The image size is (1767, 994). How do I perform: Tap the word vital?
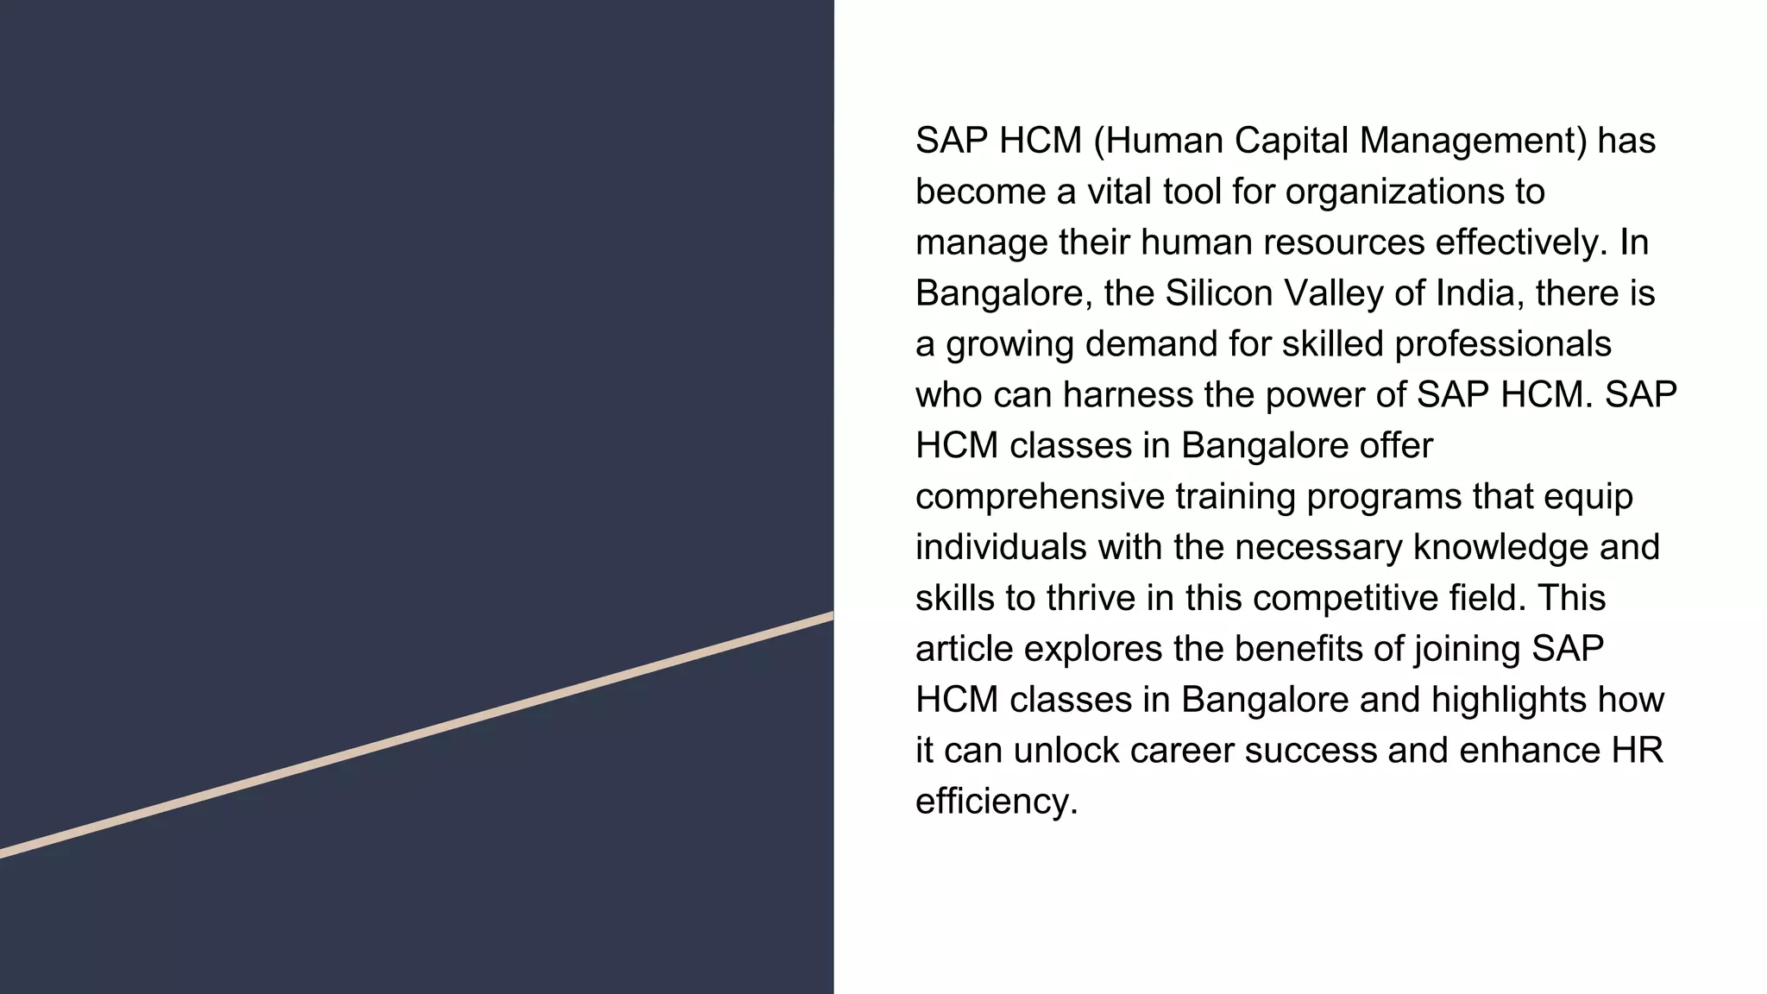[x=1119, y=192]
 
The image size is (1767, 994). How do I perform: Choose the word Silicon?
[x=1219, y=293]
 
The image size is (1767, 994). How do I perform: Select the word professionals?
[x=1502, y=344]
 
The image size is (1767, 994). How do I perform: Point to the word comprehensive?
[x=1040, y=497]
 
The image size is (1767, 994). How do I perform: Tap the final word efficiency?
[x=997, y=802]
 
